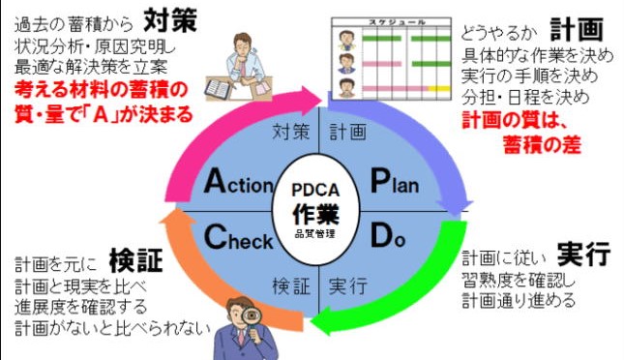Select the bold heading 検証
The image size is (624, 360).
[x=134, y=260]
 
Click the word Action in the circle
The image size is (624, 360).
[x=239, y=181]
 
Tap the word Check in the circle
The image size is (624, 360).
[x=239, y=236]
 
